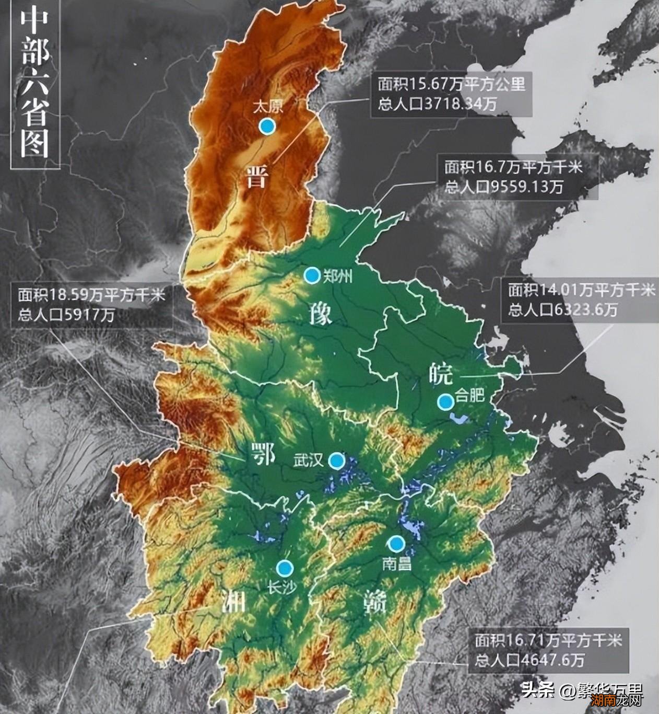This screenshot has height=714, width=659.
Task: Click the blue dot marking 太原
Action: [x=267, y=126]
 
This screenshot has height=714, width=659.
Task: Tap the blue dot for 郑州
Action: [x=312, y=275]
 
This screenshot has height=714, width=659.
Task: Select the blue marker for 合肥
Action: [x=445, y=401]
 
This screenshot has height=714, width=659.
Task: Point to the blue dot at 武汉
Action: [x=337, y=460]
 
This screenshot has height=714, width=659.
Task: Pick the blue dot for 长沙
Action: [x=285, y=568]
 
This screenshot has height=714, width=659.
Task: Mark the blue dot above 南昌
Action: [x=396, y=544]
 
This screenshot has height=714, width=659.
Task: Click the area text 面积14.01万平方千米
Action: [x=577, y=290]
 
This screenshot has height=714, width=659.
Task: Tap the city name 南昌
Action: [x=396, y=564]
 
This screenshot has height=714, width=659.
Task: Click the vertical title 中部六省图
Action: [x=36, y=85]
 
